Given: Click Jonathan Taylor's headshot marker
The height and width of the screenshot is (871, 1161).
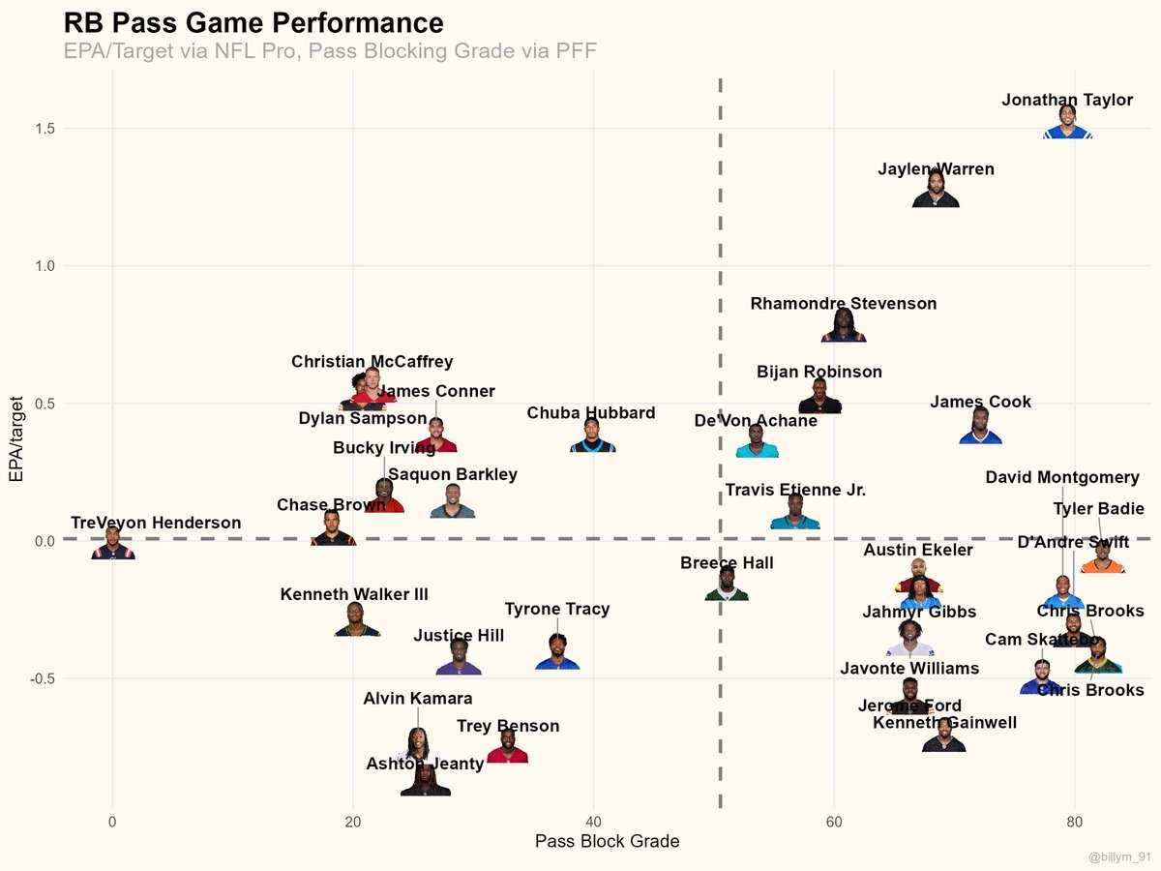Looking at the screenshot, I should (1067, 124).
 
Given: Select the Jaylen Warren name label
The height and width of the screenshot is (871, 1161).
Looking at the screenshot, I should (936, 169).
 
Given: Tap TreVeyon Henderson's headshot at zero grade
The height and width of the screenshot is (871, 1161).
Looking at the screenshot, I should (113, 544).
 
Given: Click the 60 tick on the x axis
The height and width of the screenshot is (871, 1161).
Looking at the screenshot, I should (833, 822).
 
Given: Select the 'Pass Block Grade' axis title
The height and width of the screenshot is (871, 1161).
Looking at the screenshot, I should (607, 841).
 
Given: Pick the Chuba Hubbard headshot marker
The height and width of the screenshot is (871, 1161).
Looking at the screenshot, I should (593, 437).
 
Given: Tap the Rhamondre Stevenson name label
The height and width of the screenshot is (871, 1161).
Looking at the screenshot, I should (843, 304).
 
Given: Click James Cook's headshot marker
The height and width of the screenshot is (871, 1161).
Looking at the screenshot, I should (980, 428).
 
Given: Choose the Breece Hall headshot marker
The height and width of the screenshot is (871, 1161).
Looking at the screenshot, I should (727, 586).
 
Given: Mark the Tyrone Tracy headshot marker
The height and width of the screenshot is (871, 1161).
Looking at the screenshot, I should (557, 653).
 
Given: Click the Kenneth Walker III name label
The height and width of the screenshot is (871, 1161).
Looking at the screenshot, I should (354, 594).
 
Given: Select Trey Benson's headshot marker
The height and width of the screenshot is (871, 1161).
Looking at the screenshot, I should (507, 747).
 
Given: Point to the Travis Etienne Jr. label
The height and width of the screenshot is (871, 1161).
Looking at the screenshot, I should (795, 491).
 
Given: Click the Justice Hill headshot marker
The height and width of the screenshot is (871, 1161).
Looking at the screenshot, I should (459, 658).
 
